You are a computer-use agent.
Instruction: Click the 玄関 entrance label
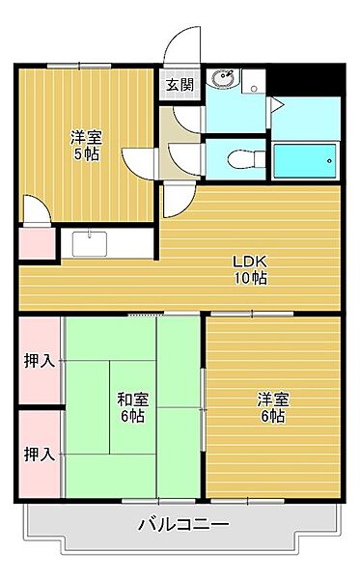[x=180, y=84]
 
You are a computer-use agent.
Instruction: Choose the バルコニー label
[x=182, y=526]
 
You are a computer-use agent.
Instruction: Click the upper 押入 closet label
[x=39, y=362]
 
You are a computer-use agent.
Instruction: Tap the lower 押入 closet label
[x=39, y=453]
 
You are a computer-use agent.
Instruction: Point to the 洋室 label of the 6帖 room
[x=271, y=399]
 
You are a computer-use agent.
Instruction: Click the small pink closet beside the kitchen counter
[x=37, y=242]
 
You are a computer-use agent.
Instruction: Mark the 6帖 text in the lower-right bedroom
[x=271, y=416]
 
